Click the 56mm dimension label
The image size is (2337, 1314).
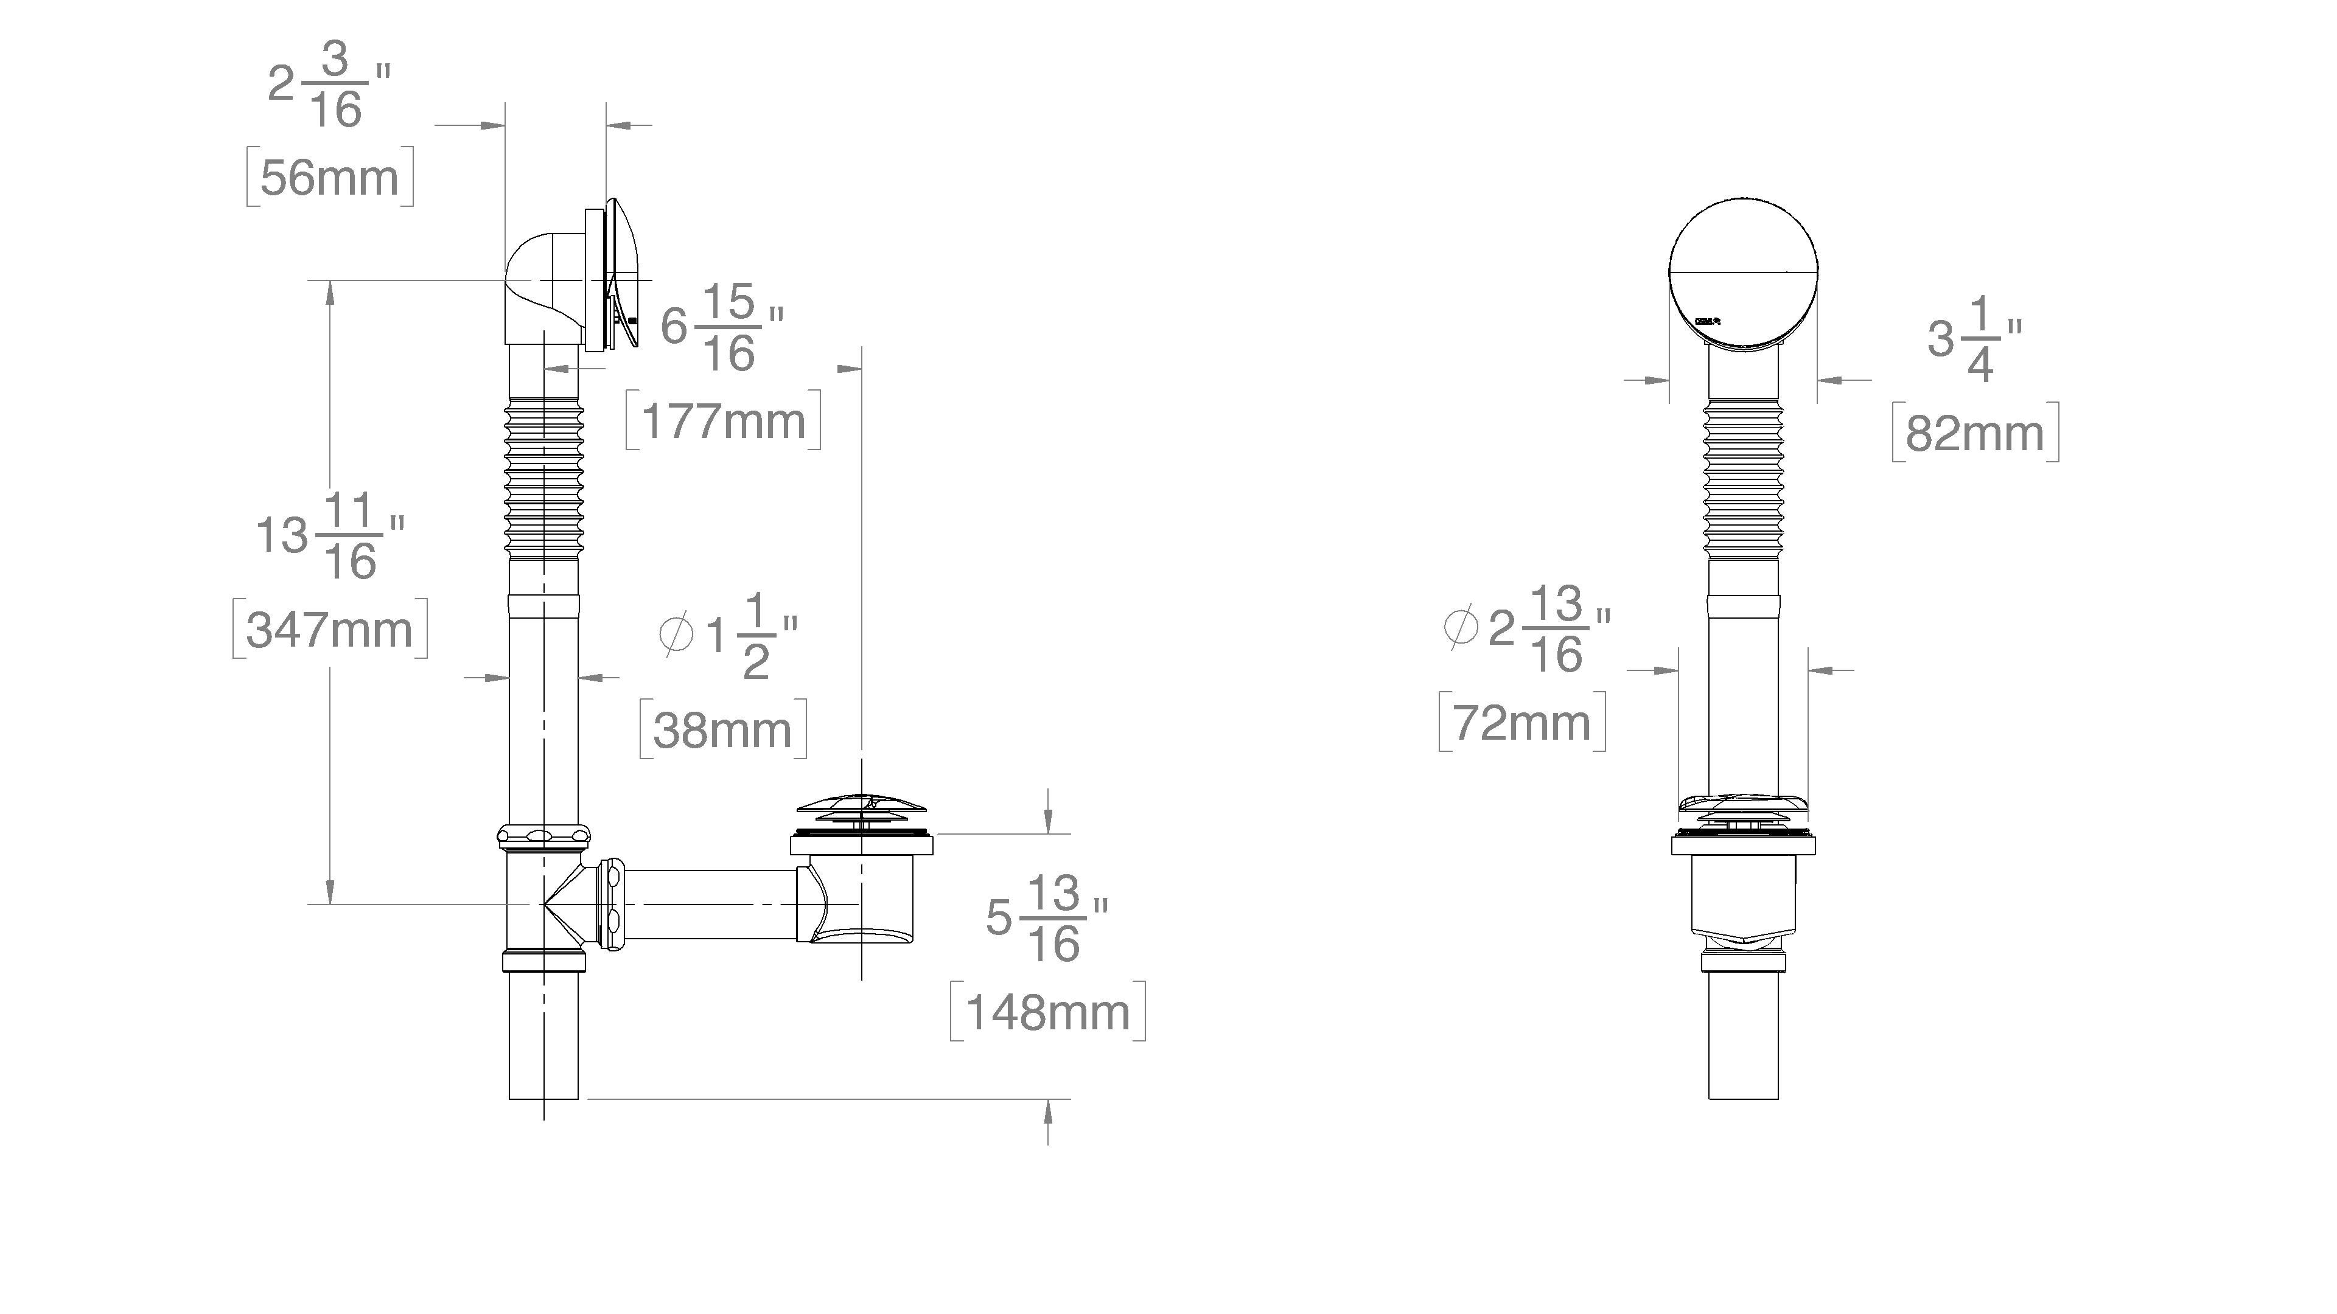pos(329,178)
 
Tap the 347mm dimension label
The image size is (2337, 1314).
pos(329,630)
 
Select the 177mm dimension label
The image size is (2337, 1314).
pos(723,422)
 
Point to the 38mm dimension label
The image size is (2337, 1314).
pos(722,730)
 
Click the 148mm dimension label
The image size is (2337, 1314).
pos(1048,1012)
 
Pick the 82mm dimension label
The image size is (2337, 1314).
pos(1975,434)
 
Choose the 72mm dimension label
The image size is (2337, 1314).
pos(1522,723)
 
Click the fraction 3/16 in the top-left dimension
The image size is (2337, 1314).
pos(336,85)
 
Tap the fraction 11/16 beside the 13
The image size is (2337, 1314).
pos(350,537)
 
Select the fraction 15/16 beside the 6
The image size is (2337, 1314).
pos(730,328)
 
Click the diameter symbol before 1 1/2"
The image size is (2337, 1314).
pos(676,634)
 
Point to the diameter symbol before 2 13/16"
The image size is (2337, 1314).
pos(1461,627)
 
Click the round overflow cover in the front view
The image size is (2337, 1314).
pos(1743,272)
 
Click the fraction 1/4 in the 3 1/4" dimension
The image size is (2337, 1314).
pos(1980,340)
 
